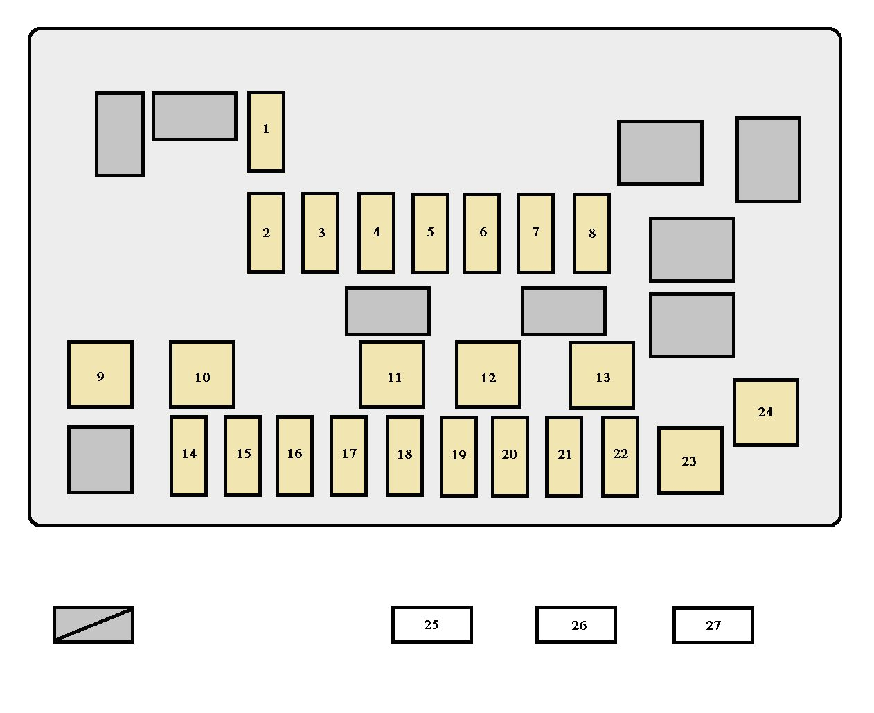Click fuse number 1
tap(266, 131)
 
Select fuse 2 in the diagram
tap(266, 233)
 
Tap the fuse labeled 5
tap(430, 233)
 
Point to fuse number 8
tap(591, 233)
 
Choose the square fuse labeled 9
tap(100, 374)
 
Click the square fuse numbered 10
tap(202, 374)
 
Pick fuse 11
tap(392, 374)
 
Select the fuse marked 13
tap(602, 375)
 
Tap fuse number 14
tap(188, 456)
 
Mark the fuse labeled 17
tap(348, 456)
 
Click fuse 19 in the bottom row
tap(458, 457)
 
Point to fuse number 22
tap(620, 457)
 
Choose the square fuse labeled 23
tap(690, 461)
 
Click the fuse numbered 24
tap(766, 412)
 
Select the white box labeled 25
tap(431, 624)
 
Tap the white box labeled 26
tap(576, 624)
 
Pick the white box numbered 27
tap(713, 625)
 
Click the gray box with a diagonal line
tap(93, 624)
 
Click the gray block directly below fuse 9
tap(100, 459)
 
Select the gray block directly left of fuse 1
tap(195, 116)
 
